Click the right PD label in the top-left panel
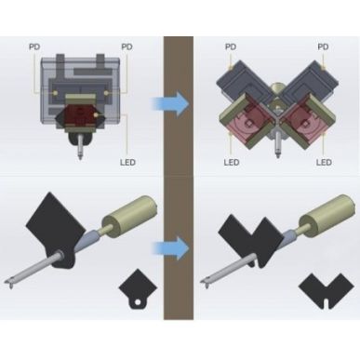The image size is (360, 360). coord(127,46)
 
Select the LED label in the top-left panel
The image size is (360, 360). coord(130,160)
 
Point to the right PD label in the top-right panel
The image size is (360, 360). coord(323,46)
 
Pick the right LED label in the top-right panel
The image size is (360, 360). coord(324,161)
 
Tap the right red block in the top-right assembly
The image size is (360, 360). coord(301,126)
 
